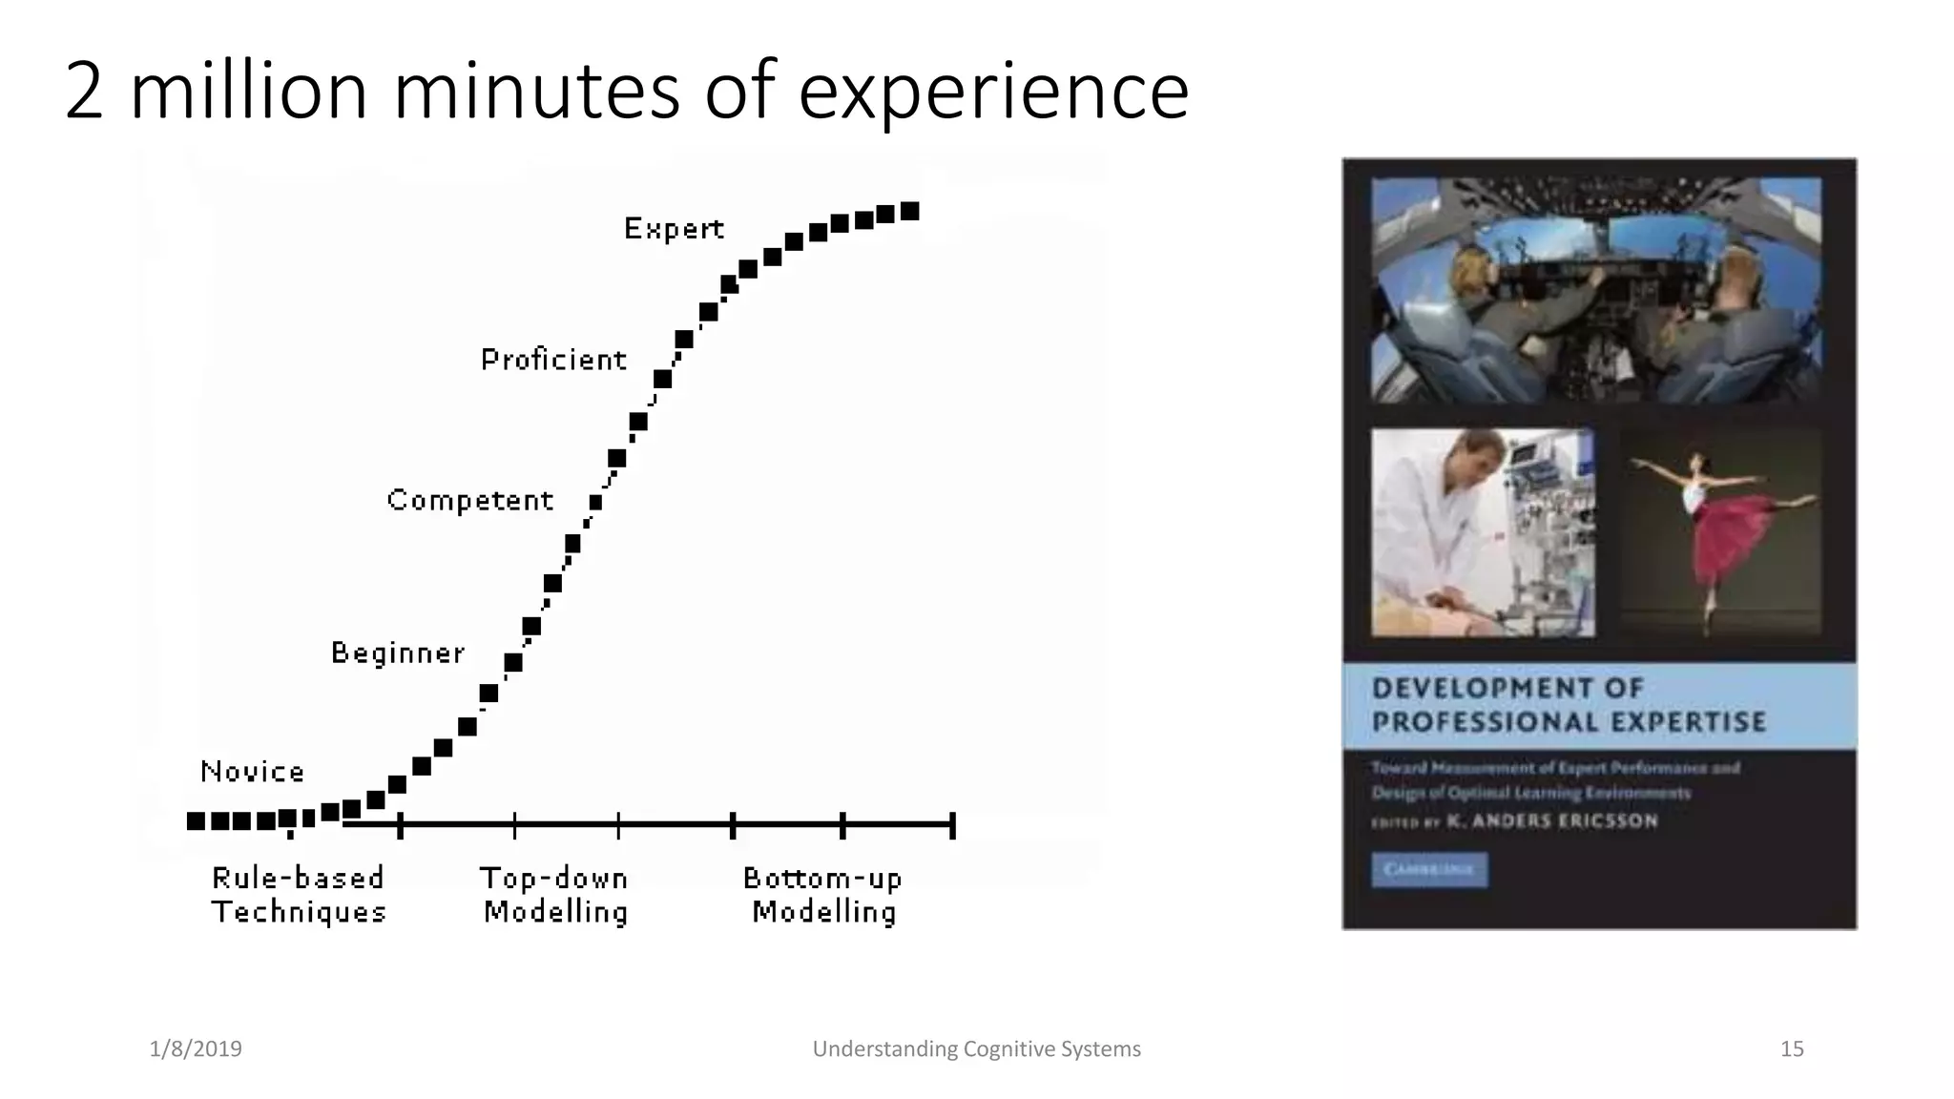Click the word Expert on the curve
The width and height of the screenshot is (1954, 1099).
674,229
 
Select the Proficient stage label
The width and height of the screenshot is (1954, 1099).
553,360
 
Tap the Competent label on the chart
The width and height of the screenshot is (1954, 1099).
469,500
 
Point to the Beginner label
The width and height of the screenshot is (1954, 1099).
398,653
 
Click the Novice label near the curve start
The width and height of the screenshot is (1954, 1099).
252,771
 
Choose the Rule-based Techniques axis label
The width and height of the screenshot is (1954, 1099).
299,895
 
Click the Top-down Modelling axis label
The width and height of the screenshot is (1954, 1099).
555,895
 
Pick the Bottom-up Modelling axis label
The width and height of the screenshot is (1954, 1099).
823,895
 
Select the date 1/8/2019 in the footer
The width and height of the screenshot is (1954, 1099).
196,1049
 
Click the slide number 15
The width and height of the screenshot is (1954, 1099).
1792,1049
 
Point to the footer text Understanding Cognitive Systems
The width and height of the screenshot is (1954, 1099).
976,1049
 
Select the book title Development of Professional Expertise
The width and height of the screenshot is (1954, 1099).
1568,705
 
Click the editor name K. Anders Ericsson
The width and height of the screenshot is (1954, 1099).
1552,821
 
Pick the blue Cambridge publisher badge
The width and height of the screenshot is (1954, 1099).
1428,870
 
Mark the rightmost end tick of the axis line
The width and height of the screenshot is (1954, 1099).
952,825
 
